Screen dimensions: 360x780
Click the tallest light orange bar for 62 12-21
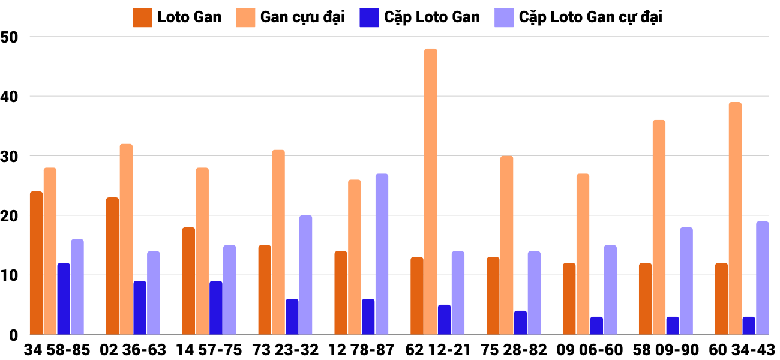pos(430,192)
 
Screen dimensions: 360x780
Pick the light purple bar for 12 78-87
pos(382,254)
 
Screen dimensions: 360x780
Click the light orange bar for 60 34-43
pos(735,218)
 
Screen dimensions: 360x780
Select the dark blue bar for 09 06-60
pos(596,326)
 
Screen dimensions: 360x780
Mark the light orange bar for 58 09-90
pos(659,227)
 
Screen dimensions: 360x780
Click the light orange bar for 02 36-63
pos(126,239)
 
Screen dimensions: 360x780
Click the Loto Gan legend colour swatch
pos(142,17)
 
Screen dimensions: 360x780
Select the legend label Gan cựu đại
pos(302,17)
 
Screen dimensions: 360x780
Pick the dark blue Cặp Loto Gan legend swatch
pos(368,17)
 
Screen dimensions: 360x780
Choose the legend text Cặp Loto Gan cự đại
pos(590,17)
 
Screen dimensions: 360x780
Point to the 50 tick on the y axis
pos(10,37)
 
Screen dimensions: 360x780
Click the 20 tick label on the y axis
pos(10,216)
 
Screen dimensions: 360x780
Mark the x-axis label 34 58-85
pos(57,350)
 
